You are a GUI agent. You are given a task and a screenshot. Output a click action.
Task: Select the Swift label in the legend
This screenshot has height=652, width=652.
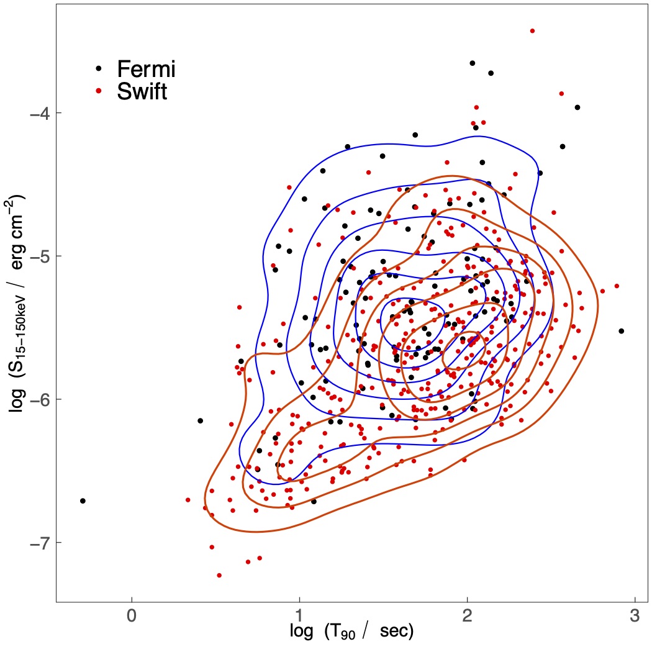click(142, 92)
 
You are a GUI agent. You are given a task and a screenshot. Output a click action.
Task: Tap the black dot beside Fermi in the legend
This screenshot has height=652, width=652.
click(99, 66)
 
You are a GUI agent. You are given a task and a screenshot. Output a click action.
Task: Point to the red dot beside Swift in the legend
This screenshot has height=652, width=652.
click(99, 91)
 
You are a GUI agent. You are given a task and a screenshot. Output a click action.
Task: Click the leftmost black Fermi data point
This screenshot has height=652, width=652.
click(83, 500)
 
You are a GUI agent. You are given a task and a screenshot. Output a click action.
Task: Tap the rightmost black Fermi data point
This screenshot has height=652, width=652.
click(621, 331)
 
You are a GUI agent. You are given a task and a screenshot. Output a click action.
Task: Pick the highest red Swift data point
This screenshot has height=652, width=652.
click(532, 30)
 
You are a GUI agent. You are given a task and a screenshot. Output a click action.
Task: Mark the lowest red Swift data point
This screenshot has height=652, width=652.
click(219, 576)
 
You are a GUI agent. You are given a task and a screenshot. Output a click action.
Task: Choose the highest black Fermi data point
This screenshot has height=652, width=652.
click(473, 63)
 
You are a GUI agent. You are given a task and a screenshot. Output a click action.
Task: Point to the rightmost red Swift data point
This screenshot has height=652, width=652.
click(617, 286)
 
